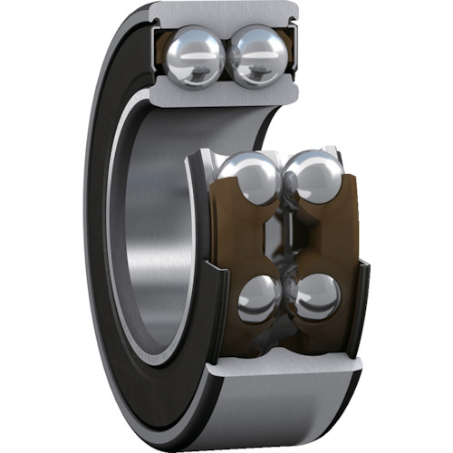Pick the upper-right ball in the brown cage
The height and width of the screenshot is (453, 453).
click(312, 178)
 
